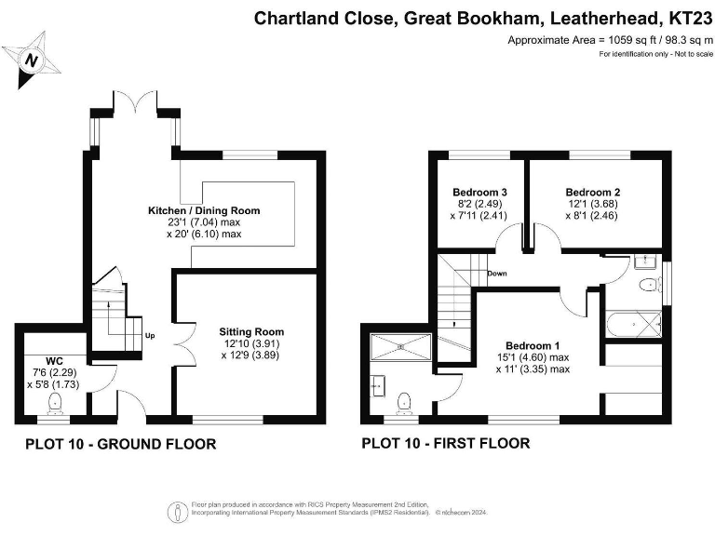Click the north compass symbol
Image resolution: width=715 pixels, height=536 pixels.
(34, 58)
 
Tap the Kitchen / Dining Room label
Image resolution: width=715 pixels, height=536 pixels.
(204, 211)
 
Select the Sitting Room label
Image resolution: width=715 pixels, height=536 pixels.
(251, 331)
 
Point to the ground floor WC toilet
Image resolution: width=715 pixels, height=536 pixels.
(55, 402)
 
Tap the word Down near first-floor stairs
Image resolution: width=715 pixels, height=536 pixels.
(496, 274)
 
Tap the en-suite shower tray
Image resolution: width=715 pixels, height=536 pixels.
(401, 345)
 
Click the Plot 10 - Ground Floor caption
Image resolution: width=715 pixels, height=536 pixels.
(120, 445)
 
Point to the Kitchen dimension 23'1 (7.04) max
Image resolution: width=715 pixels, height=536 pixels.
(204, 223)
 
